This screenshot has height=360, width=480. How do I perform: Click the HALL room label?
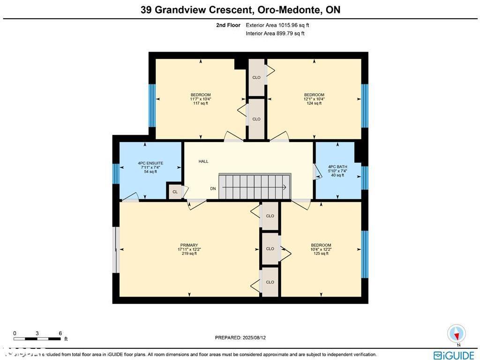click(x=203, y=161)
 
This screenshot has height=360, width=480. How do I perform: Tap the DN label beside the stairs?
click(x=213, y=188)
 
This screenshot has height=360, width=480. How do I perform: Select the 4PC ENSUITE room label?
click(x=150, y=163)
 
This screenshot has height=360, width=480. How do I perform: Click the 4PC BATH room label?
click(x=337, y=166)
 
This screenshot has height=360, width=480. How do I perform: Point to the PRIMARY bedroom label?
click(x=189, y=245)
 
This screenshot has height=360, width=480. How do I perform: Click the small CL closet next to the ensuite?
click(x=175, y=192)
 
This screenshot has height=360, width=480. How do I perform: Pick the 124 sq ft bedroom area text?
click(x=314, y=103)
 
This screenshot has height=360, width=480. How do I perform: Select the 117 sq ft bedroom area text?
click(x=200, y=103)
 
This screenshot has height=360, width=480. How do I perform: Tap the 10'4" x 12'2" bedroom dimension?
click(x=321, y=249)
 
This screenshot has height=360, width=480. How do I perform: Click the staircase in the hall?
click(x=255, y=187)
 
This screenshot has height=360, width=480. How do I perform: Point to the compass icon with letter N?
click(x=456, y=334)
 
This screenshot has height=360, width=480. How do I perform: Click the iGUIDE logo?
click(x=454, y=355)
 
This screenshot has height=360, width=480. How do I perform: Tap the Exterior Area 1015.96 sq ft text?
click(x=277, y=25)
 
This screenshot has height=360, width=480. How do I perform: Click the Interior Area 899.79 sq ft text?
click(x=275, y=33)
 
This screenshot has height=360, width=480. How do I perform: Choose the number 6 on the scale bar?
click(x=60, y=333)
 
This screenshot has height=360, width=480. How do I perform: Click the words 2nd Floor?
click(x=228, y=25)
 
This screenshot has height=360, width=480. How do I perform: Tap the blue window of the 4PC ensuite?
click(x=116, y=173)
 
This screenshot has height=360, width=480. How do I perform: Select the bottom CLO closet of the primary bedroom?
click(x=270, y=282)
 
